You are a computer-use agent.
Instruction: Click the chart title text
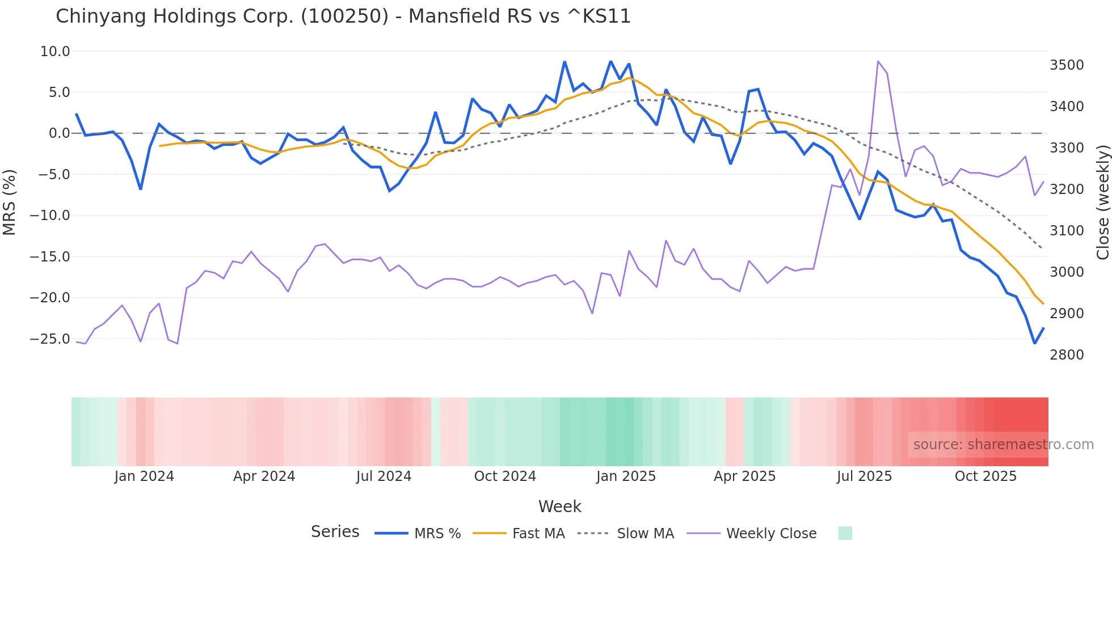(x=343, y=16)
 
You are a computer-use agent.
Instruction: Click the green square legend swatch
(x=845, y=533)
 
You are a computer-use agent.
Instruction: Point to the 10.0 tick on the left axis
(x=55, y=52)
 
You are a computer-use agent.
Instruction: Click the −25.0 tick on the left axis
(x=50, y=339)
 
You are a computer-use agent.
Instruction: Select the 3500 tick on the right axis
(x=1067, y=65)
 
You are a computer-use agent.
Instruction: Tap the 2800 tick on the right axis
(x=1067, y=355)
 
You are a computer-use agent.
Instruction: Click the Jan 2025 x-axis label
(x=626, y=476)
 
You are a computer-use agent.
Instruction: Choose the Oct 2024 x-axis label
(x=505, y=476)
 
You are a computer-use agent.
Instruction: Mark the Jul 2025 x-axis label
(x=864, y=476)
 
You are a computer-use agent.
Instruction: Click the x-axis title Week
(x=559, y=506)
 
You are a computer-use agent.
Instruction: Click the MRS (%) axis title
(x=9, y=202)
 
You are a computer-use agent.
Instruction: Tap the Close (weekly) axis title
(x=1102, y=202)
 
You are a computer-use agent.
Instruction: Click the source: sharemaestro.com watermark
(x=1003, y=445)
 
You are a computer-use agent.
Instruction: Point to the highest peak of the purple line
(x=878, y=61)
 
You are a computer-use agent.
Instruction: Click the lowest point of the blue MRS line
(x=1034, y=343)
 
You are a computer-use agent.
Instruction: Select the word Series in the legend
(x=335, y=532)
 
